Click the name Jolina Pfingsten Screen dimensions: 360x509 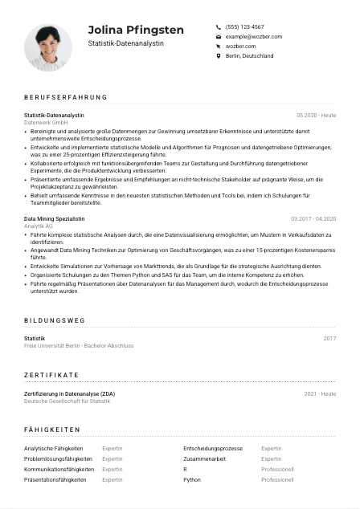click(x=136, y=30)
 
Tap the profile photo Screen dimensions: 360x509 click(x=48, y=47)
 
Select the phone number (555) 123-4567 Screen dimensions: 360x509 click(x=244, y=26)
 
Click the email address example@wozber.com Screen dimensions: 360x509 click(x=253, y=36)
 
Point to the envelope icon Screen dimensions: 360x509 click(x=218, y=37)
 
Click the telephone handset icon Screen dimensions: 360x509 click(x=218, y=26)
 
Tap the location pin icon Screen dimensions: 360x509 click(x=218, y=56)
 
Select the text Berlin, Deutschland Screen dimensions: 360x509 click(x=249, y=56)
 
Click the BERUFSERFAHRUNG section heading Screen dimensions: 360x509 click(x=65, y=97)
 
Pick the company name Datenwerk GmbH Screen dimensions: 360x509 click(x=46, y=122)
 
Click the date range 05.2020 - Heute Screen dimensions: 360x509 click(x=316, y=116)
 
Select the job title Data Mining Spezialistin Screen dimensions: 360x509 click(x=54, y=218)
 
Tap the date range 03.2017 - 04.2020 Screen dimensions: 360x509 click(x=313, y=218)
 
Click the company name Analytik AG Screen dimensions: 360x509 click(x=39, y=226)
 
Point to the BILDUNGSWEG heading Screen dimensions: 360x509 click(x=55, y=320)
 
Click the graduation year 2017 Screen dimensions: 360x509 click(x=329, y=339)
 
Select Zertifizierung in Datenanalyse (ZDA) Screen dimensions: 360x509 click(x=69, y=393)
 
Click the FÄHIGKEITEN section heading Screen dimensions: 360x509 click(x=54, y=430)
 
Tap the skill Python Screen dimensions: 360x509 click(x=192, y=479)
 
